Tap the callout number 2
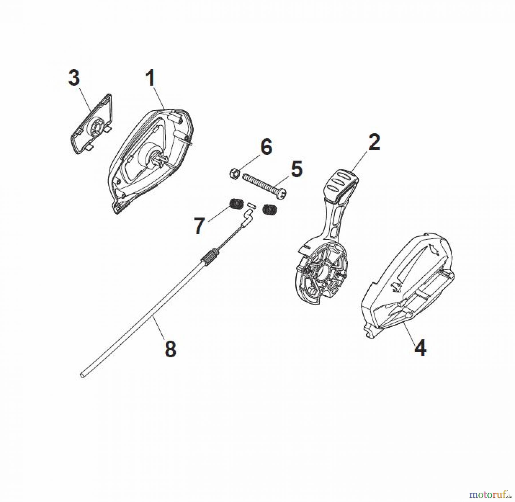coord(374,142)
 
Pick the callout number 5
coord(296,169)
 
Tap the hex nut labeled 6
coord(234,173)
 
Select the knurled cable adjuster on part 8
coord(209,255)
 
